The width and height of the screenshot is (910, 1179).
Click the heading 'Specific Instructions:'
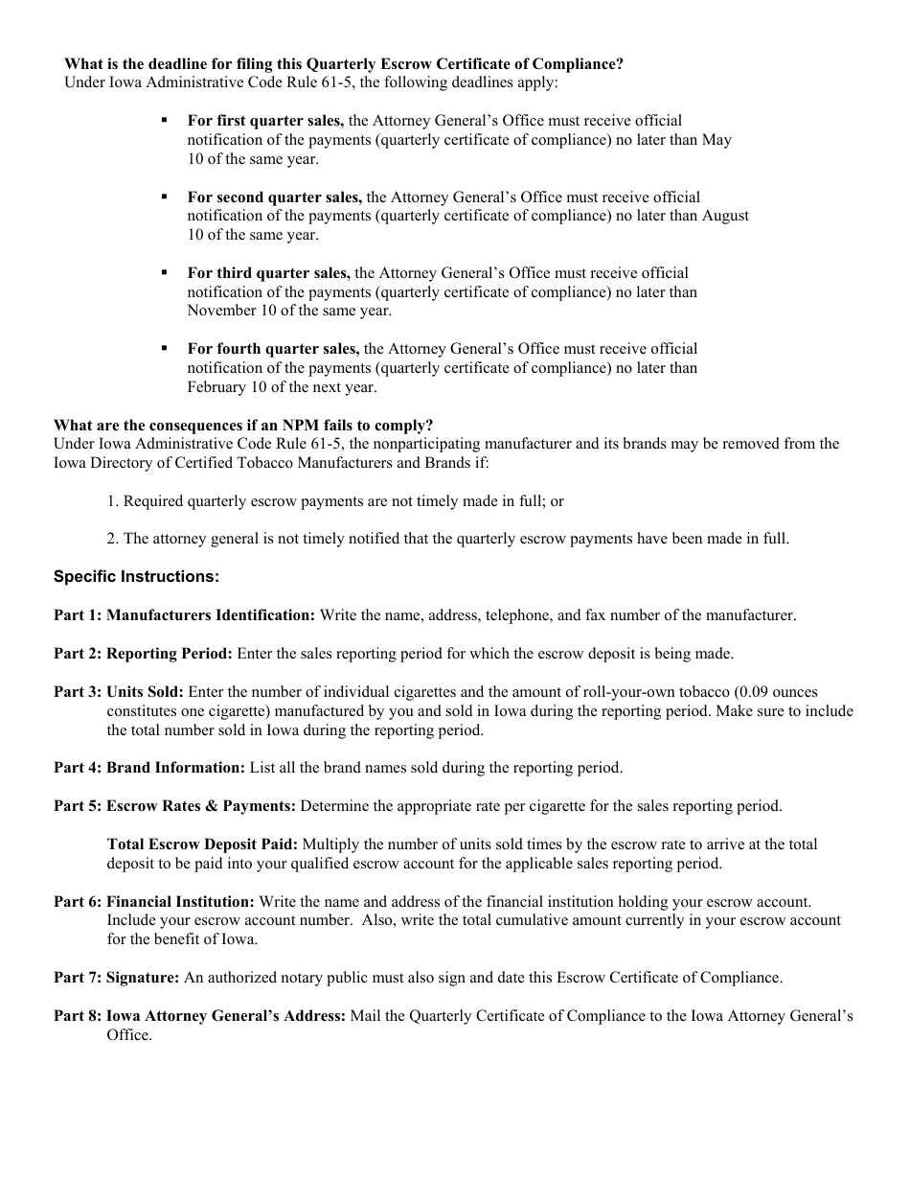pos(136,577)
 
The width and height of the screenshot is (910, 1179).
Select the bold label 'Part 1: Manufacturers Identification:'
pos(184,615)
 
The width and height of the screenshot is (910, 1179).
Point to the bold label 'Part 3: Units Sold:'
pos(119,692)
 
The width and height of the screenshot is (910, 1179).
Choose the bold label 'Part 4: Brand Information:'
pos(149,768)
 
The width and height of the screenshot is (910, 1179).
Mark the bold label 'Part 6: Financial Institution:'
pos(154,902)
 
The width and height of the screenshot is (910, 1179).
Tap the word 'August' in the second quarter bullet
pos(725,216)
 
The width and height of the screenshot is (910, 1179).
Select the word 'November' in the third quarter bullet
pos(222,311)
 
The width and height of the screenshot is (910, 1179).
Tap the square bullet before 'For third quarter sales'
pos(165,272)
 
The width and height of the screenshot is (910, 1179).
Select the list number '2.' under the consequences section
pos(113,539)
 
